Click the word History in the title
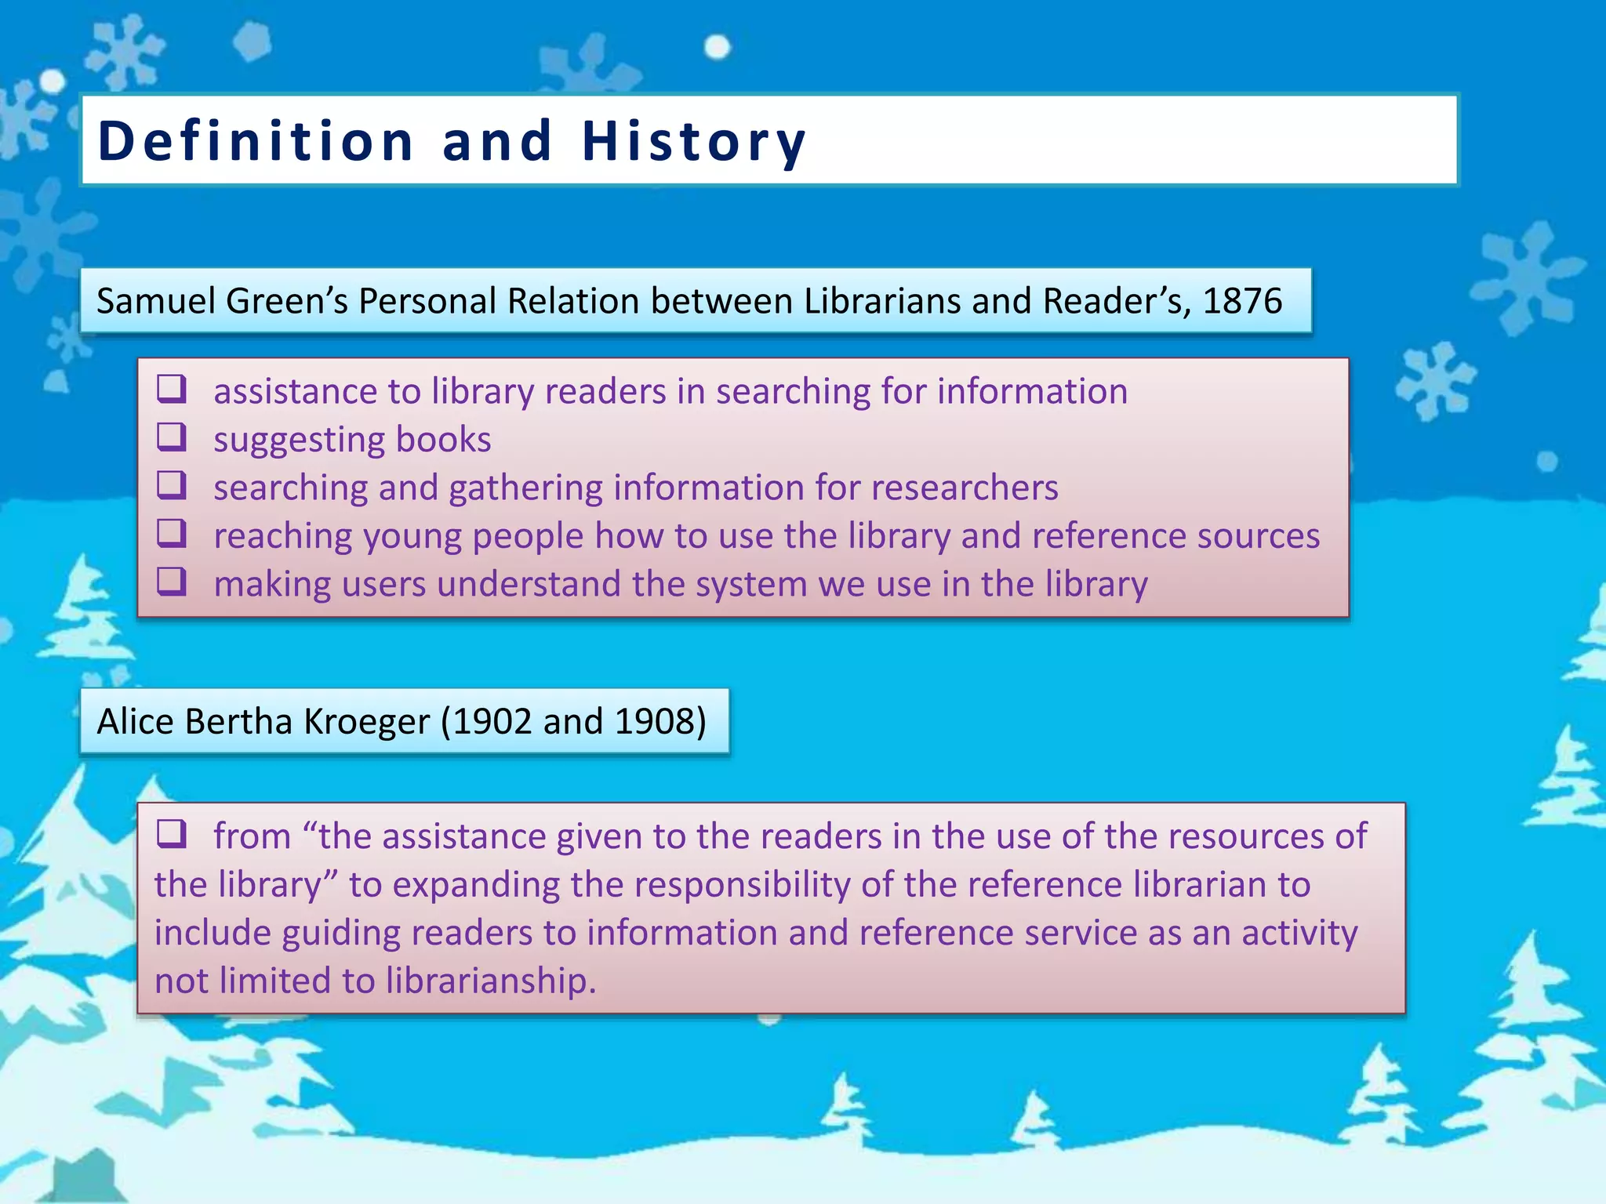coord(693,142)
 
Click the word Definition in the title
coord(256,142)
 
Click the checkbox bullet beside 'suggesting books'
coord(172,437)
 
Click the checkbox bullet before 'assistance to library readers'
coord(172,389)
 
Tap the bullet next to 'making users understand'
coord(172,582)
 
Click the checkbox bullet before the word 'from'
coord(172,834)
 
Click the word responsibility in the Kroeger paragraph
coord(742,885)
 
